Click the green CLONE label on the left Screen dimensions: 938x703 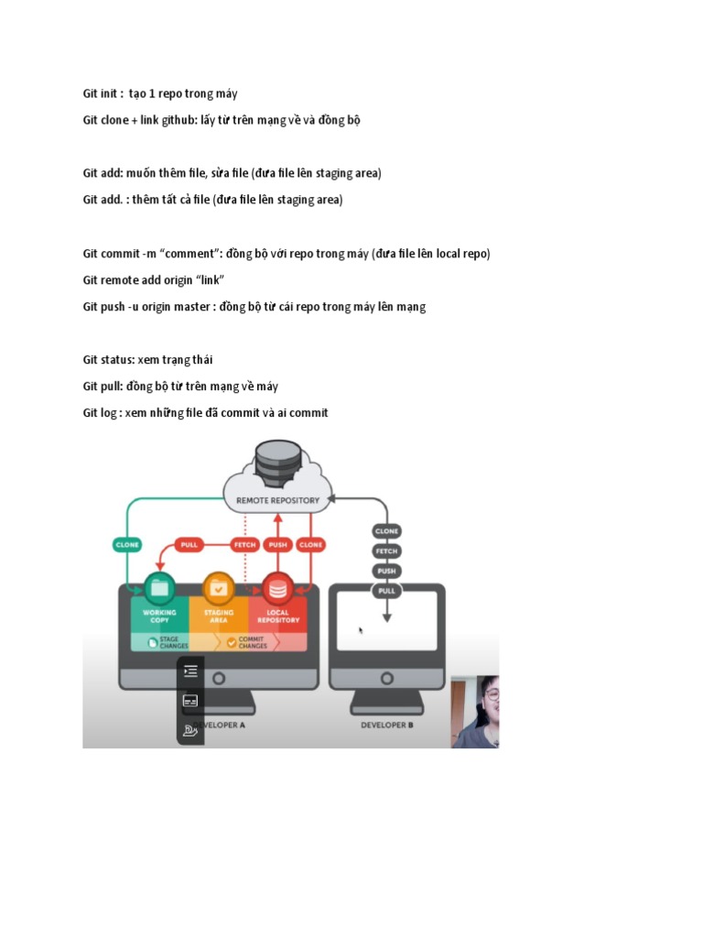click(127, 544)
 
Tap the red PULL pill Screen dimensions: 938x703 click(189, 544)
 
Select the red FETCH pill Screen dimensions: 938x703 click(244, 544)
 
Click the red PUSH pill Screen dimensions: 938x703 click(278, 544)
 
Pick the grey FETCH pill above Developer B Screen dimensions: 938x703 click(386, 551)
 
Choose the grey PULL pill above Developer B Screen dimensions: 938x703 click(386, 591)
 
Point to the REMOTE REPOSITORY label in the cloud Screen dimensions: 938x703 click(278, 500)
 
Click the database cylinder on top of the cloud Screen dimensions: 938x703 click(278, 463)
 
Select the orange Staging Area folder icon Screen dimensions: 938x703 click(218, 586)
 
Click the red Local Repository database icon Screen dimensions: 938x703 click(277, 586)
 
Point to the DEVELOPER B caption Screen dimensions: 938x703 click(386, 725)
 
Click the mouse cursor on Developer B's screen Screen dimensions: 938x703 click(361, 630)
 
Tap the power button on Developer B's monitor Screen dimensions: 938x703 click(386, 679)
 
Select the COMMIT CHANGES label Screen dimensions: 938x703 click(252, 641)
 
